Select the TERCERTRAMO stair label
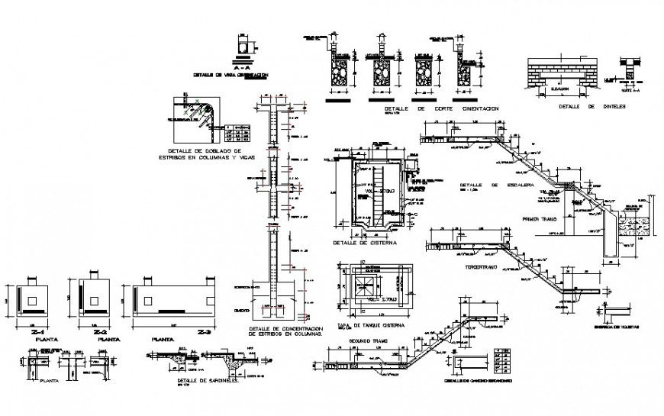482,268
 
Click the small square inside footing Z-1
31,300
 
